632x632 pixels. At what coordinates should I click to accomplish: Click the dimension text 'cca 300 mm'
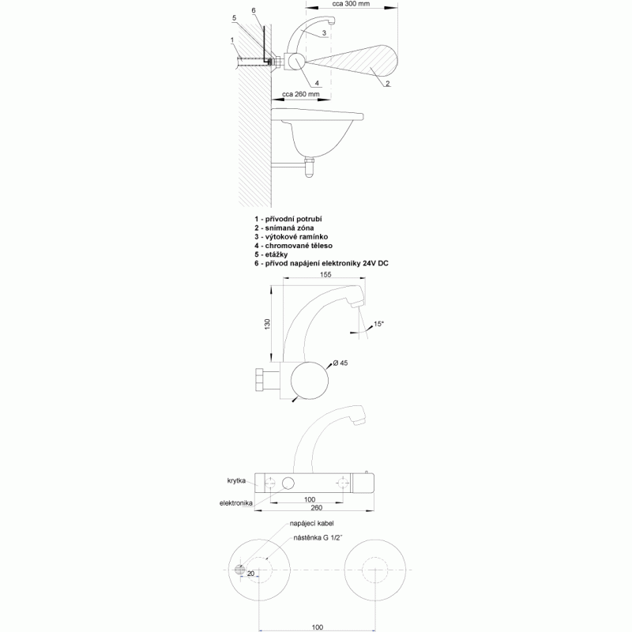pyautogui.click(x=351, y=4)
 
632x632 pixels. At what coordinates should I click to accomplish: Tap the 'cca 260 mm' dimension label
pyautogui.click(x=301, y=94)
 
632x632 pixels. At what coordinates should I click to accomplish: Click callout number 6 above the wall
pyautogui.click(x=254, y=10)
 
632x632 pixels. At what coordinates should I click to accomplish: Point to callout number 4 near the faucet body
pyautogui.click(x=318, y=83)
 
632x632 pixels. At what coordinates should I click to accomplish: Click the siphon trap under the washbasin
pyautogui.click(x=310, y=167)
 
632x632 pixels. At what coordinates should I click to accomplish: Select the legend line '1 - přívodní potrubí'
pyautogui.click(x=288, y=220)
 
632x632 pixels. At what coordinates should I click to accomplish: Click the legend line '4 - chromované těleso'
pyautogui.click(x=293, y=246)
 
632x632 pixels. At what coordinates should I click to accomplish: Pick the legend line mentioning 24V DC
pyautogui.click(x=322, y=264)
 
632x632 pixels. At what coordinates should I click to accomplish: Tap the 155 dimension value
pyautogui.click(x=325, y=274)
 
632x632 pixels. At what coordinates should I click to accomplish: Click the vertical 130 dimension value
pyautogui.click(x=267, y=324)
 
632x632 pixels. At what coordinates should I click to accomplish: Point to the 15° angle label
pyautogui.click(x=379, y=324)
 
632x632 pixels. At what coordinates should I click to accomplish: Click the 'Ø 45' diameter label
pyautogui.click(x=340, y=363)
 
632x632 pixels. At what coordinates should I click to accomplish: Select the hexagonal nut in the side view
pyautogui.click(x=260, y=379)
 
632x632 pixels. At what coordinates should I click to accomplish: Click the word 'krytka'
pyautogui.click(x=236, y=481)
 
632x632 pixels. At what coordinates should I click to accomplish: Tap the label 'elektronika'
pyautogui.click(x=235, y=503)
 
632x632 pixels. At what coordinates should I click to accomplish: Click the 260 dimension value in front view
pyautogui.click(x=317, y=508)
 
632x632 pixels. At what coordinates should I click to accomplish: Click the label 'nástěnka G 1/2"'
pyautogui.click(x=318, y=538)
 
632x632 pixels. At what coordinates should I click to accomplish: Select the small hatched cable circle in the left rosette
pyautogui.click(x=240, y=570)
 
